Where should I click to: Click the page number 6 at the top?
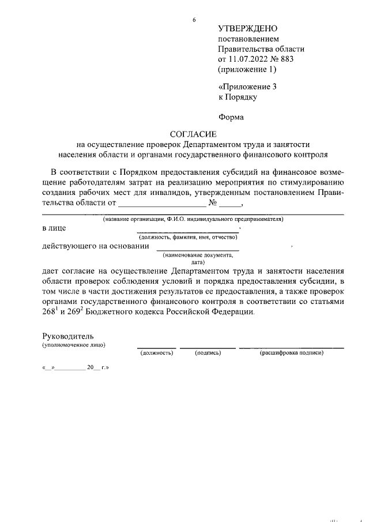pos(194,20)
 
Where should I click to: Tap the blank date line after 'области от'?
pos(161,205)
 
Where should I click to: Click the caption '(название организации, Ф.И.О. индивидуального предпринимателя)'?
pos(193,219)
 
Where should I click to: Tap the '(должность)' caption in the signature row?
pos(157,352)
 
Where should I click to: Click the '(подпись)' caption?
pos(208,352)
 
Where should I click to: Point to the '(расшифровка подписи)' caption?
pos(292,352)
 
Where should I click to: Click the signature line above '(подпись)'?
pos(208,348)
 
